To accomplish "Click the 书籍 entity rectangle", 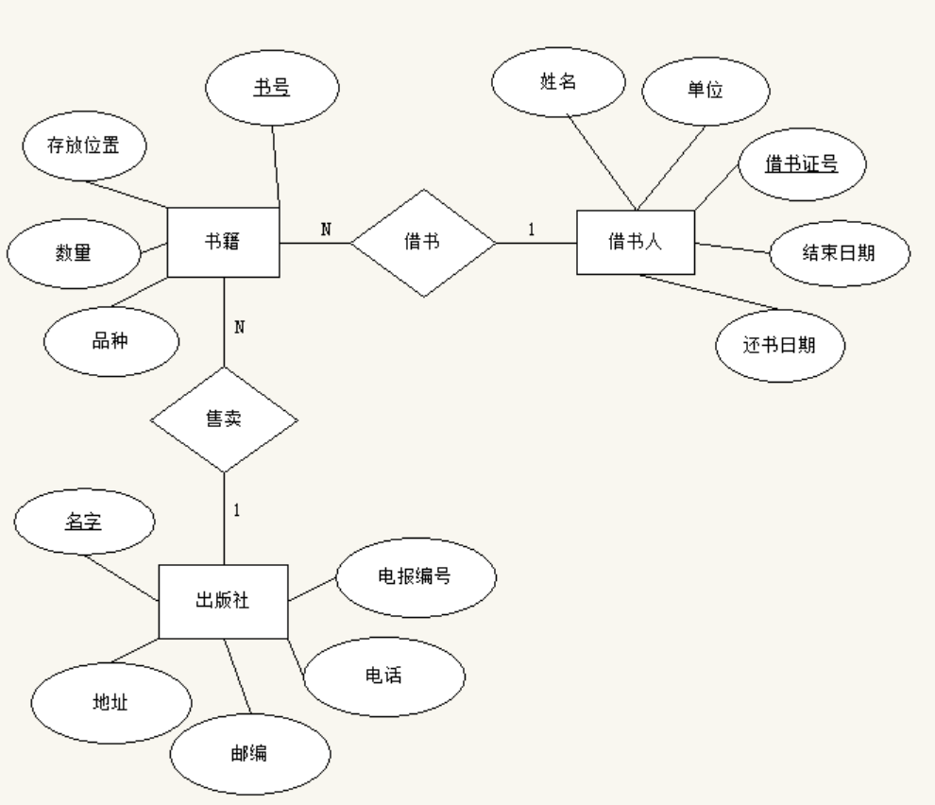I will click(223, 241).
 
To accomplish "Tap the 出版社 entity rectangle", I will click(223, 601).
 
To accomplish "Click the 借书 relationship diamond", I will click(423, 242).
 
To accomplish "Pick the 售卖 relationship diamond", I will click(224, 420).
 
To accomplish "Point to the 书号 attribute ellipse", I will click(272, 89).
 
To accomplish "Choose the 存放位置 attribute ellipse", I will click(83, 146).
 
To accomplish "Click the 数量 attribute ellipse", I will click(73, 253).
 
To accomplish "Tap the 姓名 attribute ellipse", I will click(558, 82).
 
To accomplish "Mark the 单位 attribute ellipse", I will click(705, 92).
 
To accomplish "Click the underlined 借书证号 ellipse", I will click(801, 164).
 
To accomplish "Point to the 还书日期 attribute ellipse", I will click(779, 345).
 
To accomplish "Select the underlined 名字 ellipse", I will click(82, 520).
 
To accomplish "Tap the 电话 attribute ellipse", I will click(384, 677).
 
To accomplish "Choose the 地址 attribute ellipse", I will click(110, 704).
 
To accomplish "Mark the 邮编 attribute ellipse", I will click(250, 753).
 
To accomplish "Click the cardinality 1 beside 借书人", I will click(531, 230).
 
